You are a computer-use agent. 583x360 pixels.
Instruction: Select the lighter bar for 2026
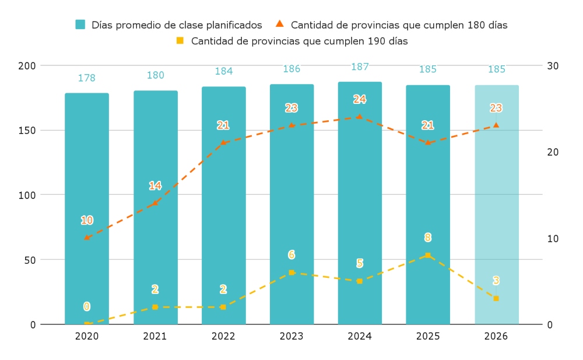(496, 204)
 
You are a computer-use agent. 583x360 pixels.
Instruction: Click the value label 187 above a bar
(360, 67)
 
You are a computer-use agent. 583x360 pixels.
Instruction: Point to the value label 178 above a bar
(87, 78)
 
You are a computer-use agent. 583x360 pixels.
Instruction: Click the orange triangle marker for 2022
(223, 142)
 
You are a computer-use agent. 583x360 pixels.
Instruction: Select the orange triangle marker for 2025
(428, 142)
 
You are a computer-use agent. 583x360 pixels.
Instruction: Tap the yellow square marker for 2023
(291, 272)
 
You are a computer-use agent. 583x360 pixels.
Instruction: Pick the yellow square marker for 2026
(496, 298)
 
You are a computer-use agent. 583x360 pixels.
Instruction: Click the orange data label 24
(360, 100)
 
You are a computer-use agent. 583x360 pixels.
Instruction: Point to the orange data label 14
(155, 186)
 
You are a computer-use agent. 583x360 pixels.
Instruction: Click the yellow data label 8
(428, 237)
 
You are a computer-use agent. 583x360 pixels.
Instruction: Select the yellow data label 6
(291, 255)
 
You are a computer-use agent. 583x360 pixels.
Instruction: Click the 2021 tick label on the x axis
(155, 337)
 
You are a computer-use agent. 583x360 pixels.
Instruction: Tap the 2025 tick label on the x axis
(428, 337)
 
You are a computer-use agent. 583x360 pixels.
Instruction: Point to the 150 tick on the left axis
(27, 130)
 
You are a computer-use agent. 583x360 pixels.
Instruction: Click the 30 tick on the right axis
(553, 65)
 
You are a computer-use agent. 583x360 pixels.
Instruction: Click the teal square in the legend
(80, 25)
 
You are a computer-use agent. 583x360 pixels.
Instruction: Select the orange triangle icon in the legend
(280, 24)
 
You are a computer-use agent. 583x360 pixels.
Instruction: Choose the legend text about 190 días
(299, 41)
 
